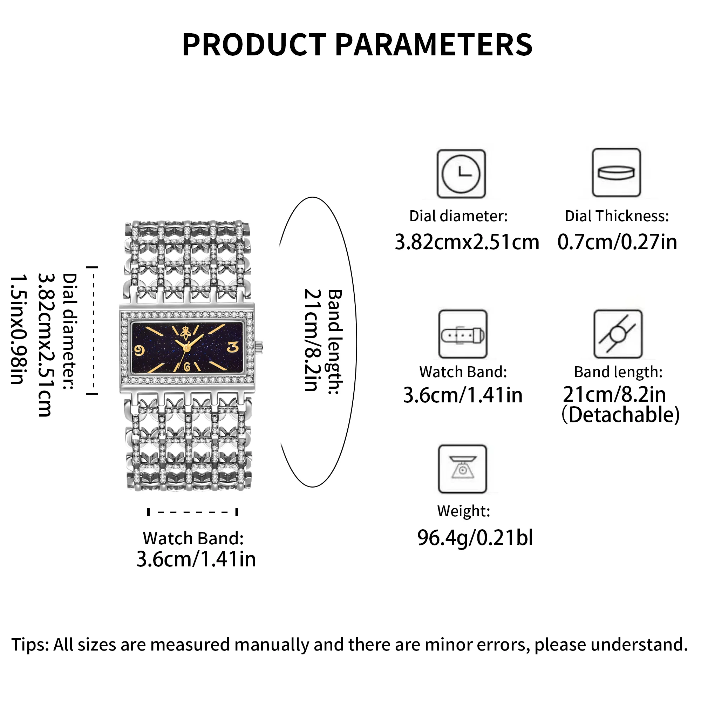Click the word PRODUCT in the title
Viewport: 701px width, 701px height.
254,45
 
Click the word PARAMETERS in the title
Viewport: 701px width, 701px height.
433,45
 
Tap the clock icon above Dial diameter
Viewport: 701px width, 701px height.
461,174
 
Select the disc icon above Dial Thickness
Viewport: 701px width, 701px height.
616,173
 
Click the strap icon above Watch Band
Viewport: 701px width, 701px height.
463,334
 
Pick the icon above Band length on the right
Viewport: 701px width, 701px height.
618,334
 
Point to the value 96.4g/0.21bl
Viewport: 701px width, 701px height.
475,538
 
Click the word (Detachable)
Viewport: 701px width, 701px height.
620,415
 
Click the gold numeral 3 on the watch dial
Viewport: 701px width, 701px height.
233,347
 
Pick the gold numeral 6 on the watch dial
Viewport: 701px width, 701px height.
187,367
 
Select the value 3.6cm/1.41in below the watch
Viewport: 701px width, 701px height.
196,559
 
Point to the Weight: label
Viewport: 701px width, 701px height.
463,511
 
